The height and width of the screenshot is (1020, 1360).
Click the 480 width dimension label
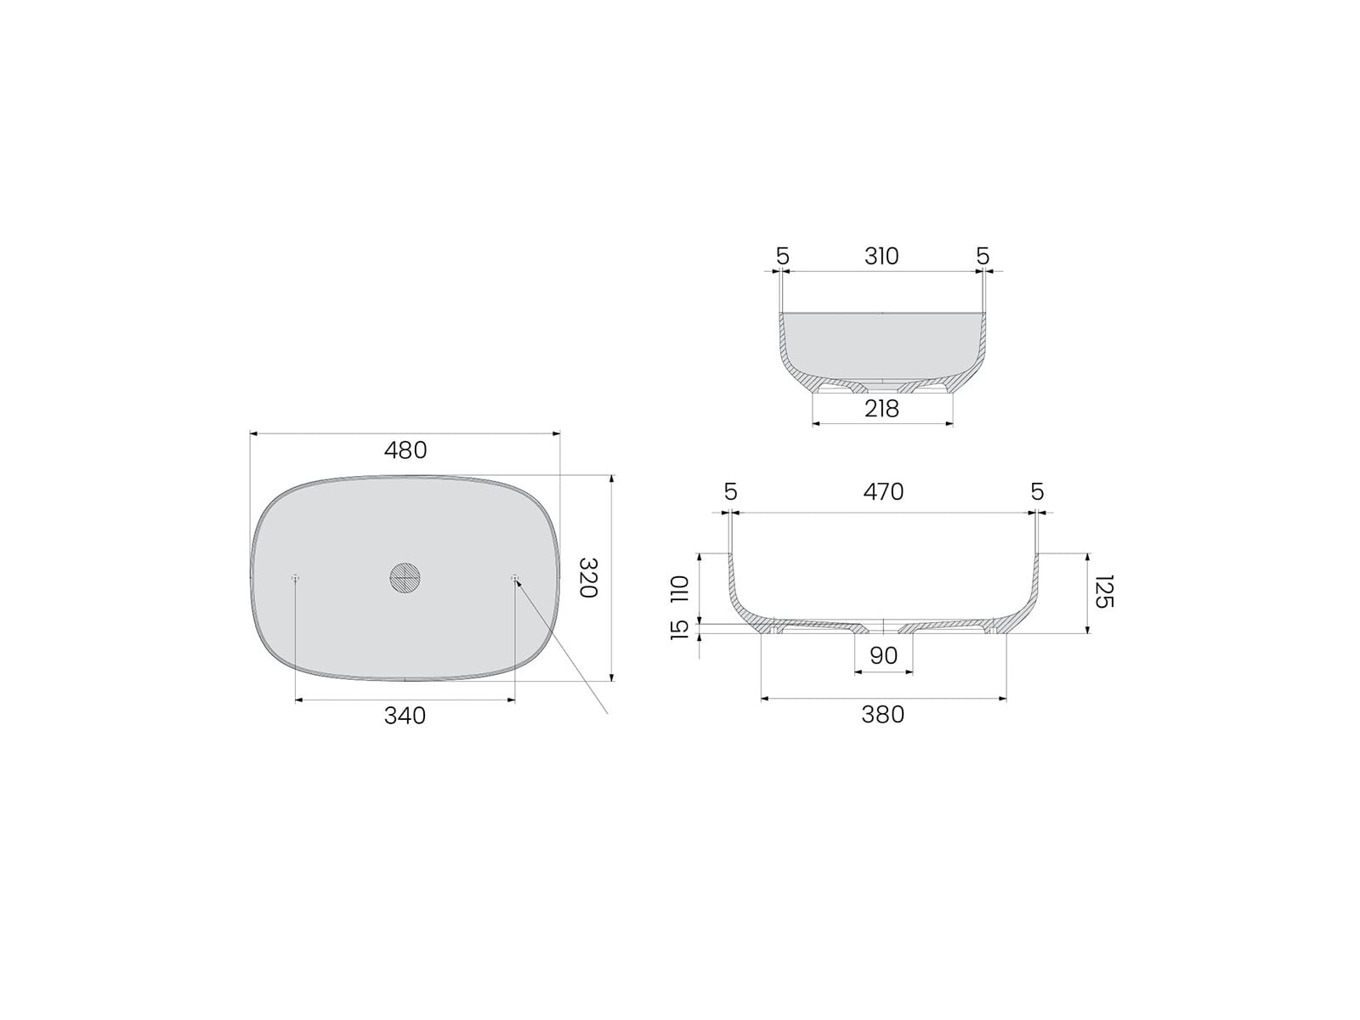point(405,450)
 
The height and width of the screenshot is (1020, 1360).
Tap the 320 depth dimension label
point(588,577)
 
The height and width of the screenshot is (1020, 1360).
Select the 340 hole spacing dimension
point(405,716)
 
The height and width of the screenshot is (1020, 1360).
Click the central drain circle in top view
point(405,578)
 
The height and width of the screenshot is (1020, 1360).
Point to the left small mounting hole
point(296,578)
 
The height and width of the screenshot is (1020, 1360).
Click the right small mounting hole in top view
point(514,578)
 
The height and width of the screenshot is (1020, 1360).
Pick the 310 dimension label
point(881,257)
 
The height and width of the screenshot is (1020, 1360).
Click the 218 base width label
point(881,409)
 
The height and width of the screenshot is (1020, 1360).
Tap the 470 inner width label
point(883,492)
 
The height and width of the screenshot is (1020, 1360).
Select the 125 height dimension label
point(1104,592)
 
